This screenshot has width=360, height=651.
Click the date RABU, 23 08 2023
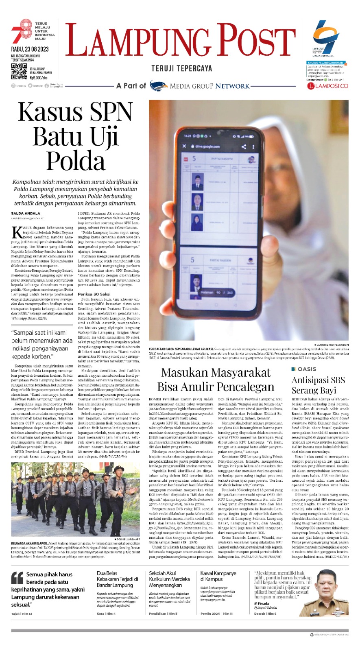click(30, 49)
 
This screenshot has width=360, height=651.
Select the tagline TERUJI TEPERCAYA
click(181, 68)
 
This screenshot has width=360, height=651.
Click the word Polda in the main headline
click(76, 161)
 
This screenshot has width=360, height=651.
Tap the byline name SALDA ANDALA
click(26, 213)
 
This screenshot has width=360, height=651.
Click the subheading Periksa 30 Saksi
click(94, 294)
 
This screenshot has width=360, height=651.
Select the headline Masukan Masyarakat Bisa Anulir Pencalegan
click(216, 379)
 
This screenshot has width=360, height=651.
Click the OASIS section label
click(307, 369)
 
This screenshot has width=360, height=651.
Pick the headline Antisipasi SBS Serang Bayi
click(318, 385)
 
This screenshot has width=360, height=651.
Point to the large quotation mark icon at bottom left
click(17, 578)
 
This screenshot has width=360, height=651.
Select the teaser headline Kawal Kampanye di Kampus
click(218, 576)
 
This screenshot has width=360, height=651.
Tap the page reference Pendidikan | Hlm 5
click(163, 614)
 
